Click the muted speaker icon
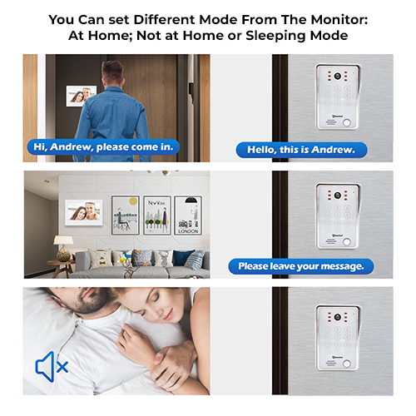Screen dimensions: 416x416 [52, 367]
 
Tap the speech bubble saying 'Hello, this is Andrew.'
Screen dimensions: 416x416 [301, 150]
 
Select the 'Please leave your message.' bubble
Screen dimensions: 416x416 [301, 266]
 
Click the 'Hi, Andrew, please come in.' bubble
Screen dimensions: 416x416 [103, 147]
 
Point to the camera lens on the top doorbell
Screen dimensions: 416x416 [337, 76]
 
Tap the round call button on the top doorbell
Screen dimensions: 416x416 [347, 122]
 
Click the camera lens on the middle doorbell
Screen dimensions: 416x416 [337, 195]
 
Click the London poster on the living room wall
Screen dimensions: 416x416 [188, 215]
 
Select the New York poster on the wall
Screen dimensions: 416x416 [157, 215]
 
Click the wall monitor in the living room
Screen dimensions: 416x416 [84, 213]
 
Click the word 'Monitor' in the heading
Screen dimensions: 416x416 [339, 20]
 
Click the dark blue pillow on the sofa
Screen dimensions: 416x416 [182, 258]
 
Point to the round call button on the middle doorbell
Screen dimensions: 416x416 [347, 242]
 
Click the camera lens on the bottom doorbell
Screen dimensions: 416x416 [337, 317]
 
